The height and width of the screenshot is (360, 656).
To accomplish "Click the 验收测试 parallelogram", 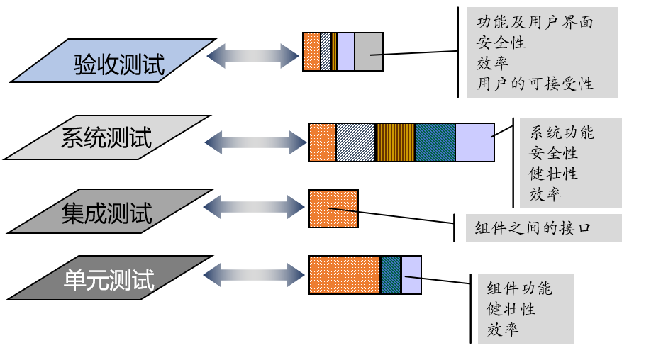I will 113,61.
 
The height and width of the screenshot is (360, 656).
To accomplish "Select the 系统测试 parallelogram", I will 107,137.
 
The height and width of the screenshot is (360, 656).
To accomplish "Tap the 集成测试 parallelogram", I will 110,211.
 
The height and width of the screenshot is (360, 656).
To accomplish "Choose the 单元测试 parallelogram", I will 109,278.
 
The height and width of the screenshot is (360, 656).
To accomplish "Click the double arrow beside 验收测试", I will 252,55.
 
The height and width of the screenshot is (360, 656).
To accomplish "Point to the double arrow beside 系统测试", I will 256,142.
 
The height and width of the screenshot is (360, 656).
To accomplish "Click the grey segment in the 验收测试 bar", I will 369,52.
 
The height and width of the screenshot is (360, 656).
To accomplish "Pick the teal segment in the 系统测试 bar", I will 435,142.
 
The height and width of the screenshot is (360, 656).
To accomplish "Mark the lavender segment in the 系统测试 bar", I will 474,142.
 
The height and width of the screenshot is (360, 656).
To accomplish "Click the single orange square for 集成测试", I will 333,208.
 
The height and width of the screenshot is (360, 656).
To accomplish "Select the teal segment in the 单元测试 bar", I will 391,275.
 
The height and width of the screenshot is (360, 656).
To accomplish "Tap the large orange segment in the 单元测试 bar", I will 345,275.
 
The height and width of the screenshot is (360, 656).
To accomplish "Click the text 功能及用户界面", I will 535,22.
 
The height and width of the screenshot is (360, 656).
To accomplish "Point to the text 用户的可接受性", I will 535,84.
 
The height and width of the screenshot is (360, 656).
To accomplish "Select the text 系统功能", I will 562,133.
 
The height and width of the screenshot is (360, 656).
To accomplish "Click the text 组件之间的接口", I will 533,228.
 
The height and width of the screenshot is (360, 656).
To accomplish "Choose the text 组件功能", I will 519,288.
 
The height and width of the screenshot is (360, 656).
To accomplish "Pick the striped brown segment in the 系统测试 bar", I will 395,142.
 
